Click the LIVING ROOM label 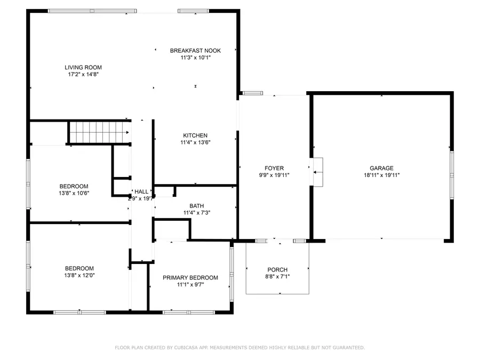[83, 67]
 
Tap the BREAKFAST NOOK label [195, 51]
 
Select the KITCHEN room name [195, 135]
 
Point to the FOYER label [274, 168]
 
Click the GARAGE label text [381, 168]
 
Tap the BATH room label [196, 206]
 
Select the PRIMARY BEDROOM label [190, 277]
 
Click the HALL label [141, 191]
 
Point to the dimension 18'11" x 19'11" [381, 175]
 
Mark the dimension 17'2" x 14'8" [83, 75]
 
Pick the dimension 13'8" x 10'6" [74, 193]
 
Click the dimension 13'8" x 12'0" [79, 275]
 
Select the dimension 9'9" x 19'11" [274, 175]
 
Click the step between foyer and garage [318, 172]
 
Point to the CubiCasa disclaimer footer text [240, 348]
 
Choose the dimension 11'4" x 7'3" [196, 213]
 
